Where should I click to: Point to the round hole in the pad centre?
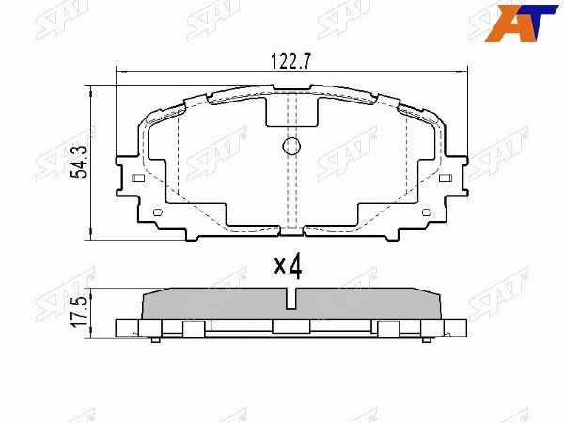tap(290, 146)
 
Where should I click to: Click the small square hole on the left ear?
tap(138, 179)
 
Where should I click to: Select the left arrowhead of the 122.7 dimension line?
tap(119, 70)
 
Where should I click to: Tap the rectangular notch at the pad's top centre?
tap(290, 110)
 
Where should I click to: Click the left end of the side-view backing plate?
tap(119, 327)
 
